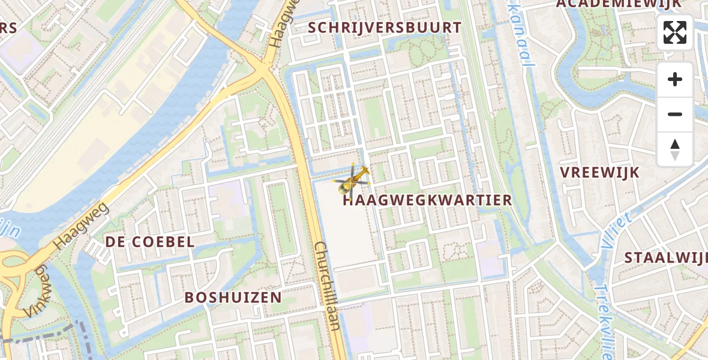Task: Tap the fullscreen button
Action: point(674,32)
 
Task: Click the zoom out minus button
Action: point(674,114)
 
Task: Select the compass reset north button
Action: point(674,149)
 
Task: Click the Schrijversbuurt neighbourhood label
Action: point(385,28)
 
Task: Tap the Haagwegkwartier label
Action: point(427,200)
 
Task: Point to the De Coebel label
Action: point(150,242)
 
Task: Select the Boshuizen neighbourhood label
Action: point(233,298)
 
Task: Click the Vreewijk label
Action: point(599,172)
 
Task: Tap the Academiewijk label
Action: point(619,4)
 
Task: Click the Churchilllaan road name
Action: point(328,287)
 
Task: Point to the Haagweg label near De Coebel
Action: point(81,226)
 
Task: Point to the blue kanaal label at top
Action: point(520,39)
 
